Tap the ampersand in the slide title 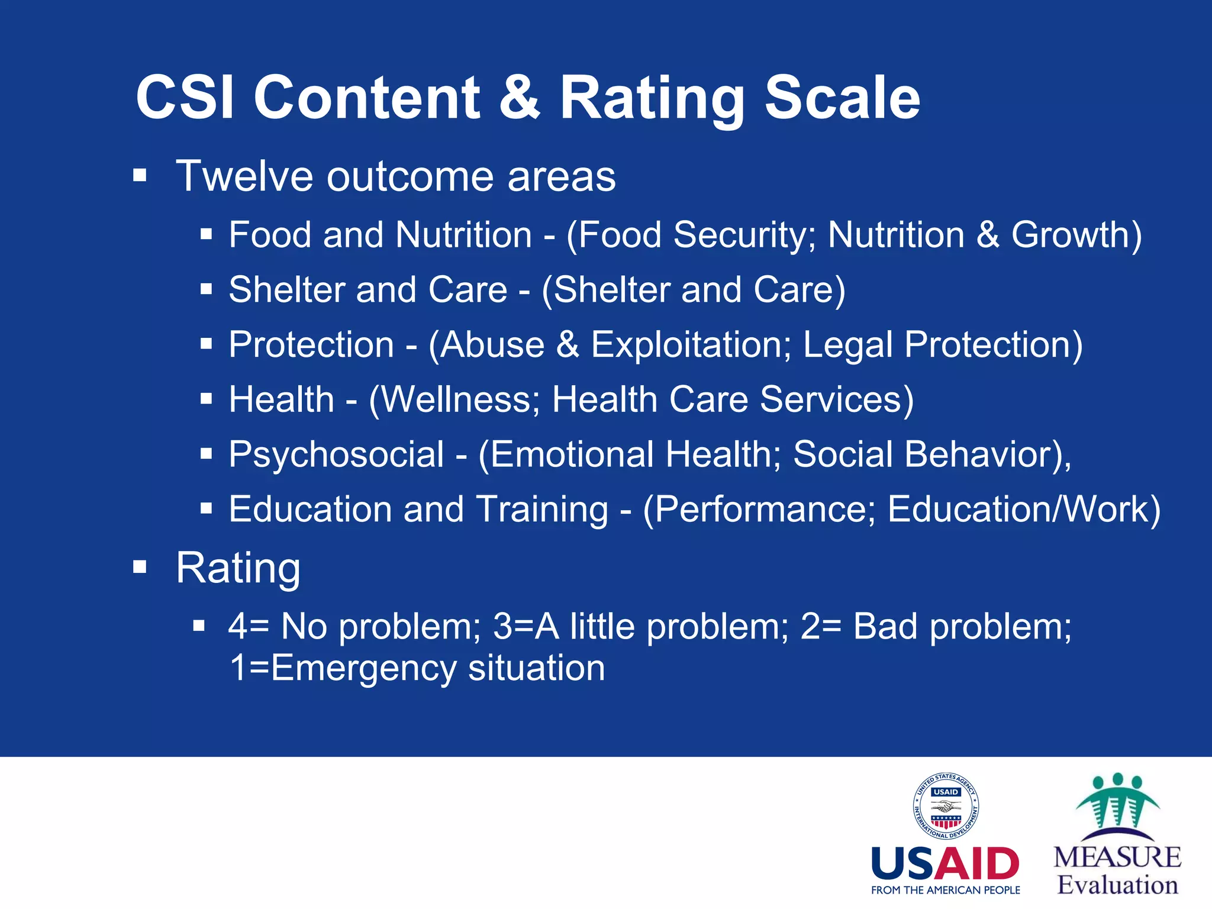tap(520, 98)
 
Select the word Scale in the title tap(842, 98)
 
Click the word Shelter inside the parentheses tap(611, 290)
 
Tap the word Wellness tap(459, 399)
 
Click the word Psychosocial tap(336, 454)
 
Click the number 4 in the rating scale tap(237, 626)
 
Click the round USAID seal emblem tap(945, 807)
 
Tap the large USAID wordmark tap(945, 864)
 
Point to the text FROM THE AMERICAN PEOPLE tap(945, 890)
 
